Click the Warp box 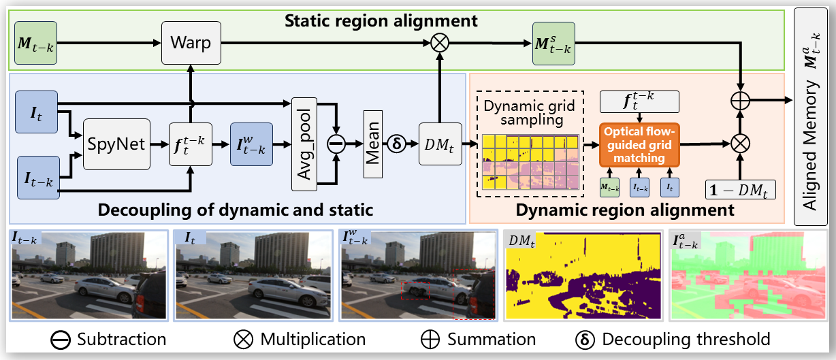click(x=191, y=42)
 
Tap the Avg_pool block click(x=306, y=144)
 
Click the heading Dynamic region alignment click(x=625, y=210)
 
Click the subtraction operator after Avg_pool click(x=335, y=144)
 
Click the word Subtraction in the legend click(x=121, y=339)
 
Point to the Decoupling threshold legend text click(x=686, y=339)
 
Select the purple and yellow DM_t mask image click(x=583, y=275)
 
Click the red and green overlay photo click(x=748, y=275)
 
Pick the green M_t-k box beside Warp click(x=35, y=43)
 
